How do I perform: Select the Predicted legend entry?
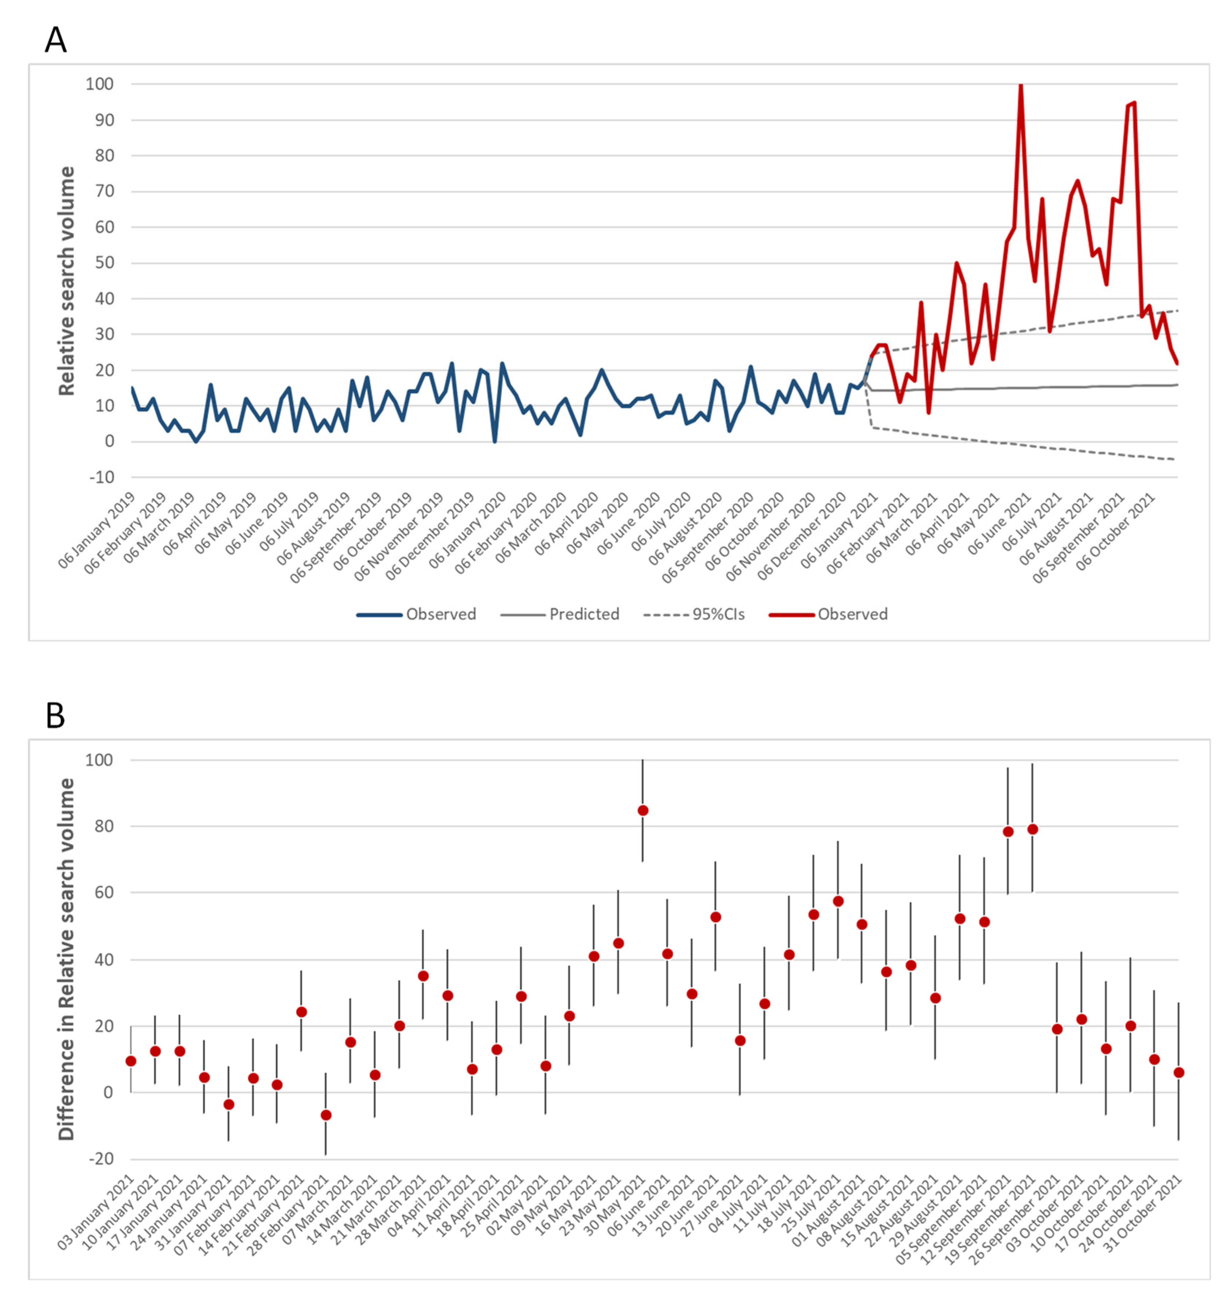[583, 614]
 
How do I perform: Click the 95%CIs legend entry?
[718, 614]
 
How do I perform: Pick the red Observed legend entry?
[852, 614]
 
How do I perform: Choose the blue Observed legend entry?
[440, 614]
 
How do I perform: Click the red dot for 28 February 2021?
[325, 1115]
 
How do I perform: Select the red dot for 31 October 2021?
[1178, 1072]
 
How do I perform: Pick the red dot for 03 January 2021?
[130, 1061]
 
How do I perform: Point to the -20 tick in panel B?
[100, 1159]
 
